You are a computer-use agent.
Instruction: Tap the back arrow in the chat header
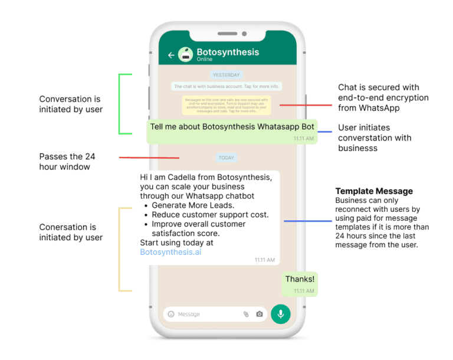[172, 55]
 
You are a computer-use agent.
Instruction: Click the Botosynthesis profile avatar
[185, 54]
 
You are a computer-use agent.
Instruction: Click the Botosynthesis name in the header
[228, 52]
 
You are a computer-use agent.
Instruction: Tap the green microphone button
[281, 314]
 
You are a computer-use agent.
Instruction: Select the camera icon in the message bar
[260, 314]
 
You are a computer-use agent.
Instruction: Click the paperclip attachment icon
[246, 314]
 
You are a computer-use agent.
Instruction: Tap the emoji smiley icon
[171, 314]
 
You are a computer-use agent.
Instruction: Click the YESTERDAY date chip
[226, 75]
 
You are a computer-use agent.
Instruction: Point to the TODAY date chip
[226, 158]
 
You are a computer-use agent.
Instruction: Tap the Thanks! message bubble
[300, 279]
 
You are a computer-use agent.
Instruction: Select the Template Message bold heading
[374, 191]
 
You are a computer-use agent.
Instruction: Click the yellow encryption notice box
[226, 105]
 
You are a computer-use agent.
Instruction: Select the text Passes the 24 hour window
[67, 162]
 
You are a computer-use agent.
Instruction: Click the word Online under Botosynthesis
[205, 60]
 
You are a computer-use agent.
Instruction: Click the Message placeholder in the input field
[189, 314]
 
